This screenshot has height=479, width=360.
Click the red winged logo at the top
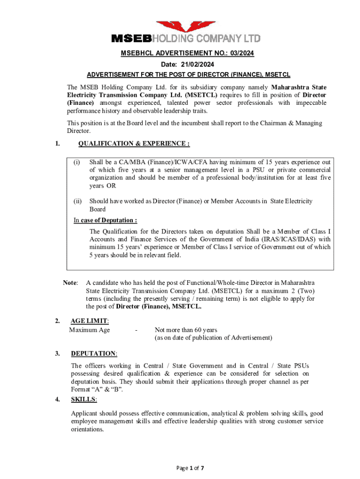coord(180,27)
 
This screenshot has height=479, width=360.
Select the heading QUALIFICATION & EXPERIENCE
coord(134,144)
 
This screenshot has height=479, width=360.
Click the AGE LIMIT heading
coord(89,321)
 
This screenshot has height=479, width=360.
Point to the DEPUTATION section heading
coord(94,354)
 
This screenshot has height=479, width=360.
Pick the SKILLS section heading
coord(84,399)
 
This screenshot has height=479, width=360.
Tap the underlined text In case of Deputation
coord(105,220)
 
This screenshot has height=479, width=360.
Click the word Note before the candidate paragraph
coord(71,283)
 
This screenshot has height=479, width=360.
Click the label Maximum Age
coord(90,330)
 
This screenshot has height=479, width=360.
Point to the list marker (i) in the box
coord(77,162)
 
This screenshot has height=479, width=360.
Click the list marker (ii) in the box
coord(78,201)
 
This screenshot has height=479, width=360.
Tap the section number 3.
coord(57,354)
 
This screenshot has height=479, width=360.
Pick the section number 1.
coord(57,144)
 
